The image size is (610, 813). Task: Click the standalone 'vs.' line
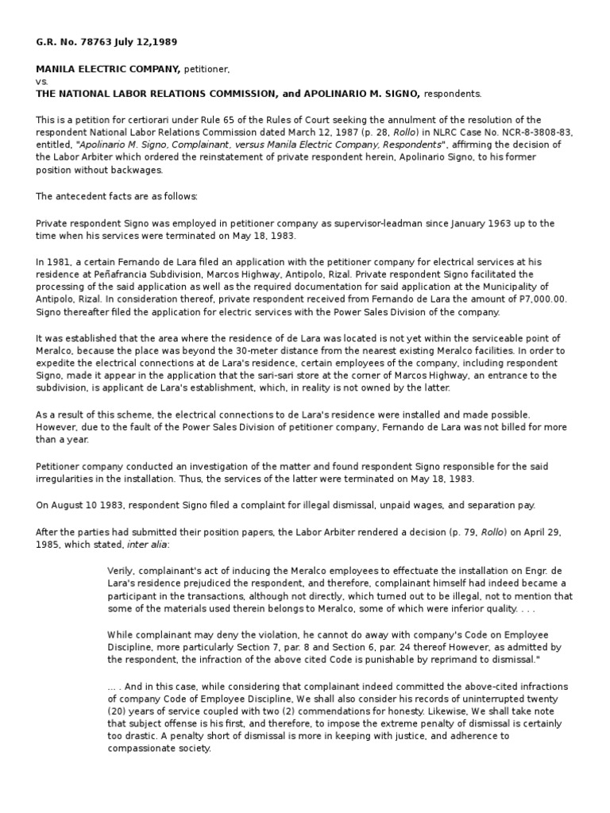pyautogui.click(x=42, y=82)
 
